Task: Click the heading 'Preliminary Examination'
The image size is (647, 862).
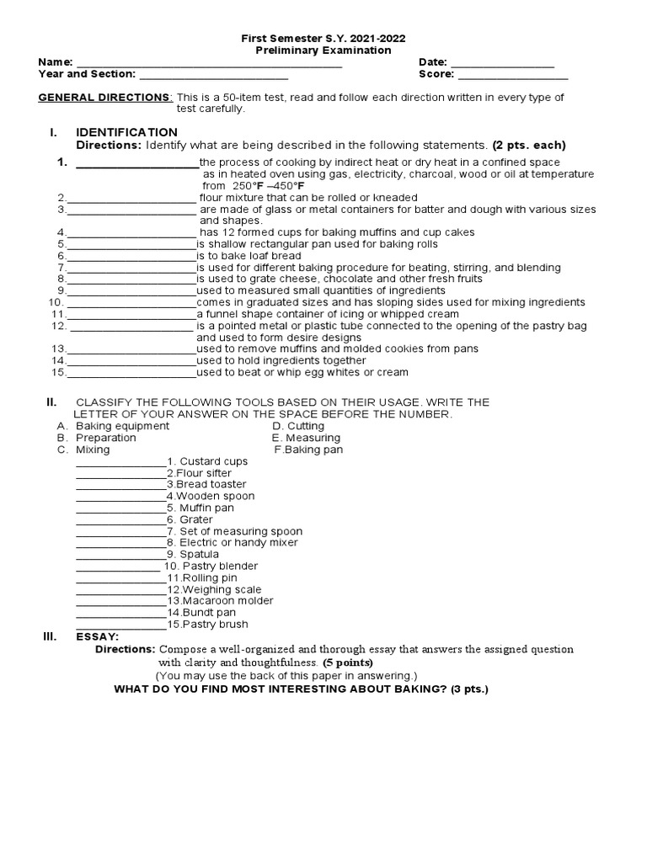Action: click(x=323, y=51)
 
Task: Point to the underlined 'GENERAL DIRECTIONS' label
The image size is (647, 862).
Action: click(x=105, y=98)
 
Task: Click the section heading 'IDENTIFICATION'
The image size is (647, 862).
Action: click(x=126, y=132)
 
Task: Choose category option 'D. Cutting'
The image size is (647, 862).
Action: click(x=298, y=426)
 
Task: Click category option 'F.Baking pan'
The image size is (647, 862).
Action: click(x=309, y=450)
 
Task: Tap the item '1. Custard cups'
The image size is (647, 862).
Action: click(x=207, y=461)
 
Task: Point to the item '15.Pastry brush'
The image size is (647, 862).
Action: click(x=207, y=625)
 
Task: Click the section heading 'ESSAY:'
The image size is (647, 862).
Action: click(x=97, y=636)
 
